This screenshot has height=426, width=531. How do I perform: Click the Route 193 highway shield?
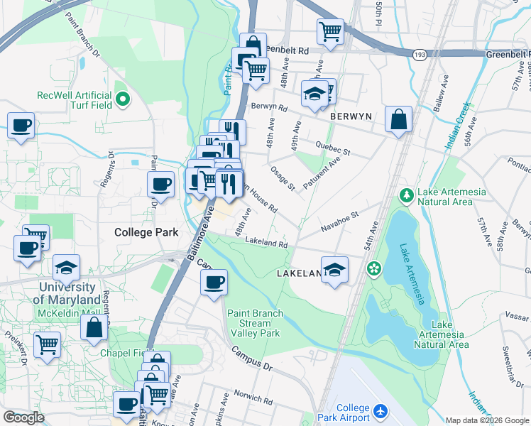(x=420, y=53)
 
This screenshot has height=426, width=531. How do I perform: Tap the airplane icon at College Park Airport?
(x=381, y=411)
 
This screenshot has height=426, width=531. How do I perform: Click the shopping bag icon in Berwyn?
(x=398, y=119)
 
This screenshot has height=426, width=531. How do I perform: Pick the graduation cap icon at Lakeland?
(x=334, y=270)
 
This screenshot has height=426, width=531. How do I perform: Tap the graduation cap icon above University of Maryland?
(x=66, y=268)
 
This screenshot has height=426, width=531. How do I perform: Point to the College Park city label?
(x=146, y=232)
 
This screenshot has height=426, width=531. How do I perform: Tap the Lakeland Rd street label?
(x=266, y=243)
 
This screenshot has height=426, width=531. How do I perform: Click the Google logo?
(x=23, y=417)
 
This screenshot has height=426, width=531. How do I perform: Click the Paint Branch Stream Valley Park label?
(x=255, y=323)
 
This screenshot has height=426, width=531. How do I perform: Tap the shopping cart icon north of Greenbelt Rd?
(x=330, y=31)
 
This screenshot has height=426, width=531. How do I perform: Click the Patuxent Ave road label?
(x=322, y=170)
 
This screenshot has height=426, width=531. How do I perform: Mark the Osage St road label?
(x=283, y=178)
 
